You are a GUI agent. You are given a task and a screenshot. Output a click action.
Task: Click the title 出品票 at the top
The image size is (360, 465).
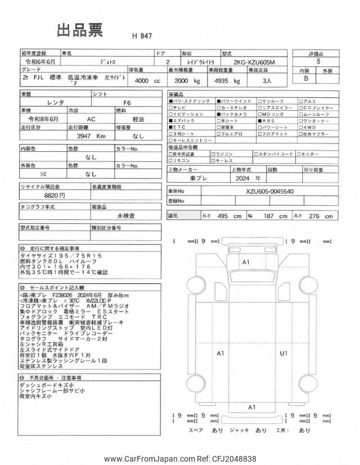(x=79, y=31)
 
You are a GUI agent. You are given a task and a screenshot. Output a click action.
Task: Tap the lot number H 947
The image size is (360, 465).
(x=142, y=36)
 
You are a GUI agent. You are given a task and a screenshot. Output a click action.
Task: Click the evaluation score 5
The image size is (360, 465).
(x=319, y=62)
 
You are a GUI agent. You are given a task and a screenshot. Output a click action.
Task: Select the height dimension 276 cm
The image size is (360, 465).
(x=321, y=216)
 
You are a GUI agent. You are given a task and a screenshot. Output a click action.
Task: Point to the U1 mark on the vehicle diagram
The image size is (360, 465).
(x=283, y=353)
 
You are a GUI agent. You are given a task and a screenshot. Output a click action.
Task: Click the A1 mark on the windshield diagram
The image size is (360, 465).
(x=245, y=263)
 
